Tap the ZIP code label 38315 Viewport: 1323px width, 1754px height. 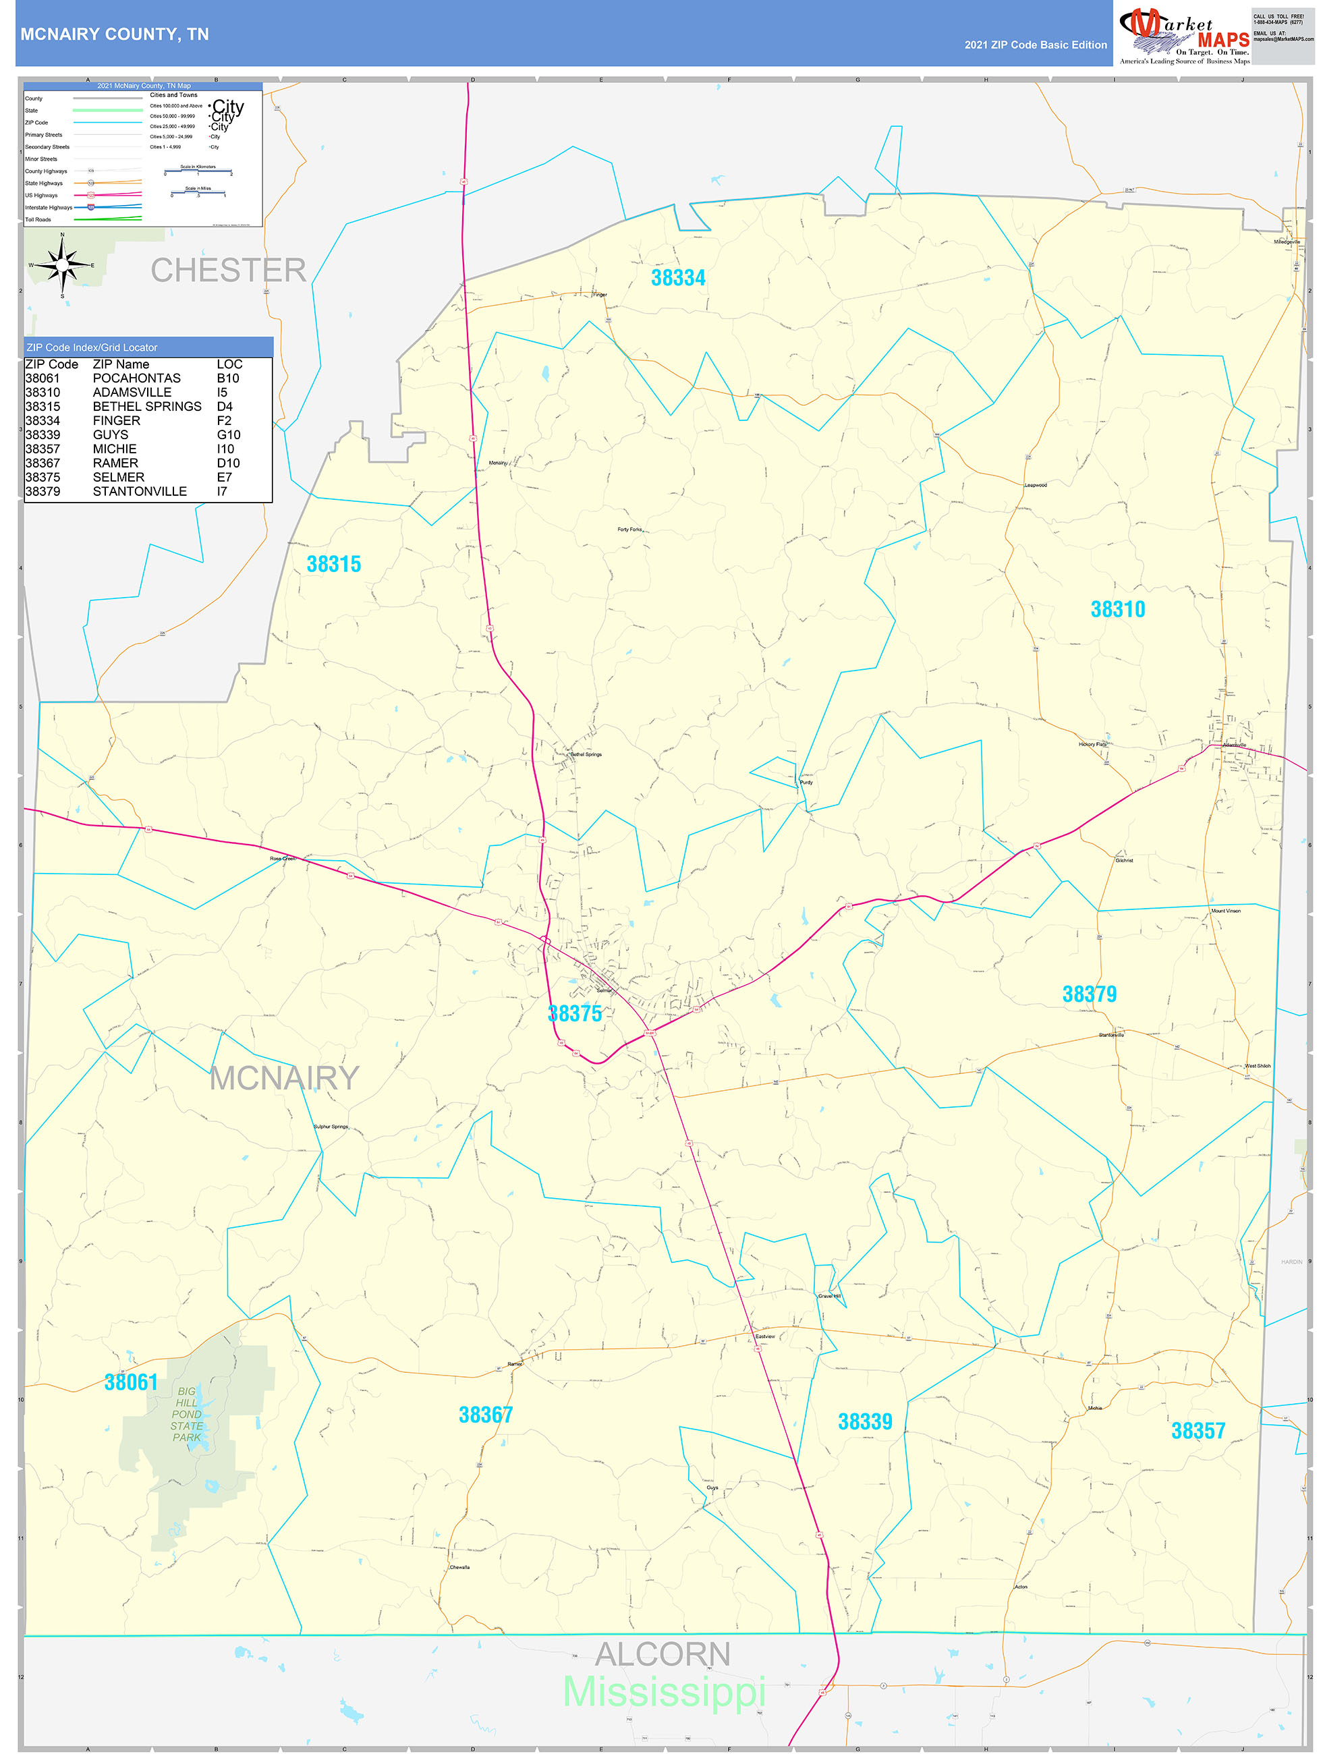[333, 565]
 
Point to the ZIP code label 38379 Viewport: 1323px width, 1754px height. [1088, 994]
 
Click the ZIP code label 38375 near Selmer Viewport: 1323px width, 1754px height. [574, 1014]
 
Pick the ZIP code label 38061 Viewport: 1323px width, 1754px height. [131, 1383]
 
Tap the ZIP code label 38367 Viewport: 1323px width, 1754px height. [486, 1415]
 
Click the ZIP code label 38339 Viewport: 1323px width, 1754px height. [864, 1423]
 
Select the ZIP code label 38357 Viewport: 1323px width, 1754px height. [1198, 1432]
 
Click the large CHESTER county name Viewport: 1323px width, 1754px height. [229, 271]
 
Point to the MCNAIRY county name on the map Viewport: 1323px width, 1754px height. [284, 1079]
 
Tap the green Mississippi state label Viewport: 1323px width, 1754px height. [664, 1693]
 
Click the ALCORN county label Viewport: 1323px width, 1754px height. [663, 1655]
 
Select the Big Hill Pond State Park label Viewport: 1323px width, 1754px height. [187, 1414]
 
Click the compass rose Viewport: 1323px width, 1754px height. [63, 265]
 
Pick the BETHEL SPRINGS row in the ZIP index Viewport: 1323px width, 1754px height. [146, 407]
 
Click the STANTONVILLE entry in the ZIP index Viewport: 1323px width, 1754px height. [140, 492]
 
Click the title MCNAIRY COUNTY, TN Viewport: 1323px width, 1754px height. [114, 35]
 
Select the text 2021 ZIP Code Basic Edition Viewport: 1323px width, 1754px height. [1035, 45]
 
